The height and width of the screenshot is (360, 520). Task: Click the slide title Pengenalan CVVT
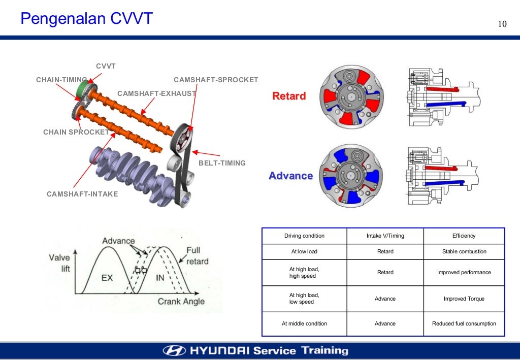pyautogui.click(x=86, y=19)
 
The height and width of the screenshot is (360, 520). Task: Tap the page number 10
pyautogui.click(x=502, y=25)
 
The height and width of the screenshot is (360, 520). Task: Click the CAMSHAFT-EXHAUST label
pyautogui.click(x=156, y=93)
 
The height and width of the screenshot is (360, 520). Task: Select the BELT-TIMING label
pyautogui.click(x=222, y=163)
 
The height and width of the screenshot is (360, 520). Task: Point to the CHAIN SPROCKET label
pyautogui.click(x=76, y=132)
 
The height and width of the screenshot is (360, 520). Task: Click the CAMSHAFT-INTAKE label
pyautogui.click(x=82, y=194)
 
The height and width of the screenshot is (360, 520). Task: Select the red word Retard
pyautogui.click(x=289, y=96)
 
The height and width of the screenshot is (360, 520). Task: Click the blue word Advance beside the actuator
pyautogui.click(x=290, y=176)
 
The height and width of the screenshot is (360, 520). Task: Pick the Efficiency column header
pyautogui.click(x=464, y=236)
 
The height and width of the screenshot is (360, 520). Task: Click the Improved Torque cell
pyautogui.click(x=464, y=299)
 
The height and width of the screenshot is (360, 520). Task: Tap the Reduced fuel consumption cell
pyautogui.click(x=464, y=323)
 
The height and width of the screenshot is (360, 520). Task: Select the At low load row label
pyautogui.click(x=304, y=252)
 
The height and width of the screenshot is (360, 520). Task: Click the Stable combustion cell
pyautogui.click(x=464, y=252)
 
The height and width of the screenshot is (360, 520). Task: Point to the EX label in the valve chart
pyautogui.click(x=107, y=278)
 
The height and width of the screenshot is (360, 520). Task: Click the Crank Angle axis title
pyautogui.click(x=181, y=301)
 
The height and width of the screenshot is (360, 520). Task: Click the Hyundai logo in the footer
pyautogui.click(x=175, y=351)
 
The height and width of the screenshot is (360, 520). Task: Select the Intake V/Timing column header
pyautogui.click(x=385, y=236)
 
